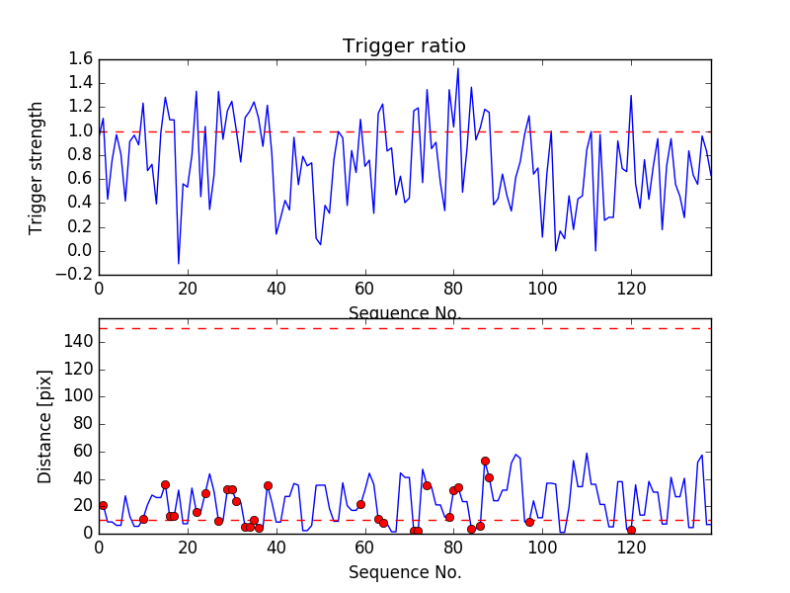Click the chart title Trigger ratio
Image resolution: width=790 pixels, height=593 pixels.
point(404,46)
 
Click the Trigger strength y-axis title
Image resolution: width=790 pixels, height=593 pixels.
point(38,167)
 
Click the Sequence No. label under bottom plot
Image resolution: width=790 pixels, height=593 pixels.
point(405,572)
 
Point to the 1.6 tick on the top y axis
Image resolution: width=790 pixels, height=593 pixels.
point(80,59)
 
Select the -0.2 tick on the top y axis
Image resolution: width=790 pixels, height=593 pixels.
point(77,275)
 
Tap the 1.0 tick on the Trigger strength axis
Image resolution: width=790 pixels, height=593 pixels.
point(80,131)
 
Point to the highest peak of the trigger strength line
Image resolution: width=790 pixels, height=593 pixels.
point(457,68)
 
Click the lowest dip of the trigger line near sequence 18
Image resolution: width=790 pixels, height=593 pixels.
point(179,264)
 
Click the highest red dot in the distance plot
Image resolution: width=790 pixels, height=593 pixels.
point(485,461)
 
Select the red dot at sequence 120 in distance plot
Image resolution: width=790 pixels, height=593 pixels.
point(631,530)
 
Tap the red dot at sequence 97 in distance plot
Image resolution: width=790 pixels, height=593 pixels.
point(529,522)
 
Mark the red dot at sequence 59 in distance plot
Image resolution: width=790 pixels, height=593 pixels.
point(360,504)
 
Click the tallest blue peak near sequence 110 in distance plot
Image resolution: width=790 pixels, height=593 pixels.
point(587,454)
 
